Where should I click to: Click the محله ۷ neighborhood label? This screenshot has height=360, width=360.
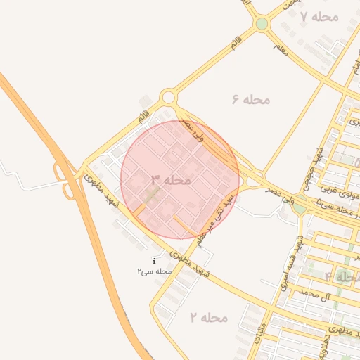[319, 16]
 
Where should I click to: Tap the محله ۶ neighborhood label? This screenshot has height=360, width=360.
[250, 99]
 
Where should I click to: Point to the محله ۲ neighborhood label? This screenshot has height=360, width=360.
[209, 318]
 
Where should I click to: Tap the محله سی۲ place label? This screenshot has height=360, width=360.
[155, 271]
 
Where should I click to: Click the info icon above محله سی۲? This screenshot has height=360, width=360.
[155, 261]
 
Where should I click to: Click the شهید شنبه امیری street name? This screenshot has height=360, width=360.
[300, 257]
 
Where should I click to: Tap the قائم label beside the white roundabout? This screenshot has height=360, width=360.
[145, 119]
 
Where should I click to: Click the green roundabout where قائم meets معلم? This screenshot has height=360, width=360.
[262, 24]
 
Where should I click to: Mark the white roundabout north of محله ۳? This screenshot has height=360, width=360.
[168, 98]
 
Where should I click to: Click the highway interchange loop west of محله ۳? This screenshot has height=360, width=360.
[65, 179]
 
